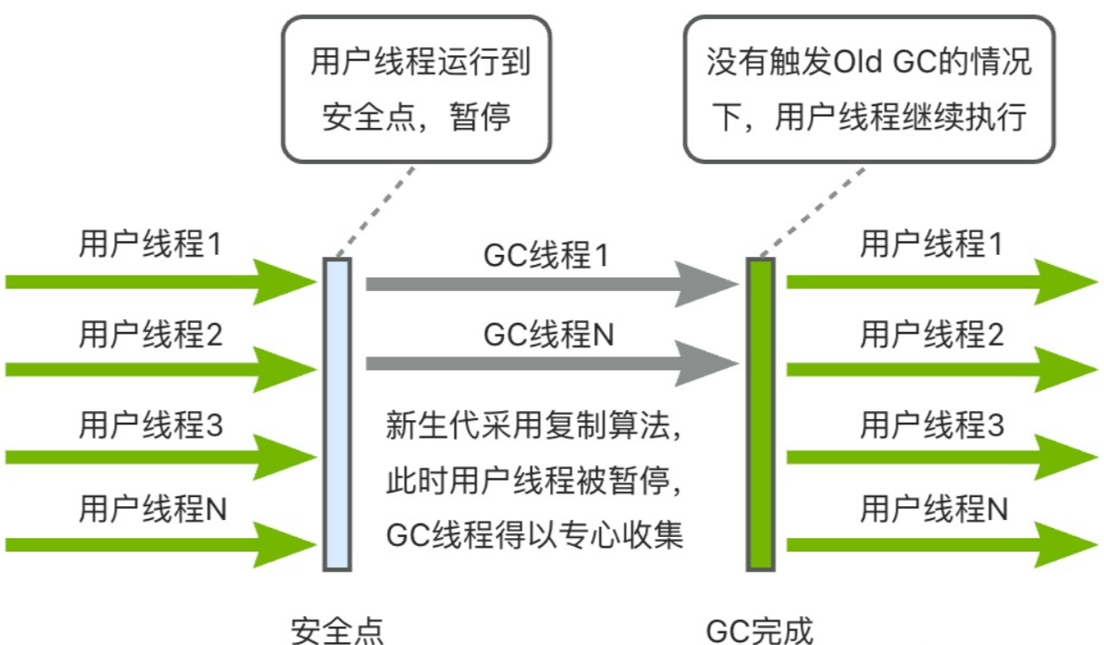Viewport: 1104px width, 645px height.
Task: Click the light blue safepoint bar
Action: (336, 414)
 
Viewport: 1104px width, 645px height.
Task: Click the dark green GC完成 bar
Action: (760, 414)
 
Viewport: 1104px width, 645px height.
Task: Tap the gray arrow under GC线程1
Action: (544, 285)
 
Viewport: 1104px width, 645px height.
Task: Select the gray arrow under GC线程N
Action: (544, 365)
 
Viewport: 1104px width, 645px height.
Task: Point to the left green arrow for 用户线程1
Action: (154, 282)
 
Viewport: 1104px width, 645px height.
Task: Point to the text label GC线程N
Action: (548, 336)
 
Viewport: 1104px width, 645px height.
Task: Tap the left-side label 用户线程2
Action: (150, 337)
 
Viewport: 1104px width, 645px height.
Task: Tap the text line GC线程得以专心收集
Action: (534, 533)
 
